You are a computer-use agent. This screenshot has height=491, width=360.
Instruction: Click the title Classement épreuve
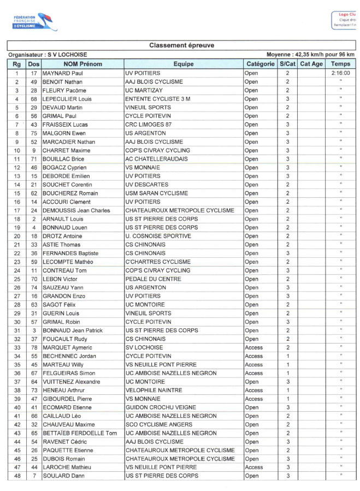(181, 45)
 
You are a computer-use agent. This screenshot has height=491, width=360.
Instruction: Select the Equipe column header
(183, 64)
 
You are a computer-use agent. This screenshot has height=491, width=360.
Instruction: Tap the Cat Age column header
(311, 64)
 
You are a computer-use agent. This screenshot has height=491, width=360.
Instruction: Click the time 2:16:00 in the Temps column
(340, 73)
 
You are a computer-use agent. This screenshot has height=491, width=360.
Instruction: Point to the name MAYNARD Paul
(62, 73)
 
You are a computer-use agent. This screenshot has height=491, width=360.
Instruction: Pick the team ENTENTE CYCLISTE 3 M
(158, 99)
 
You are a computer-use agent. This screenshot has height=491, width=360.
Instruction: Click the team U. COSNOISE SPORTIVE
(158, 236)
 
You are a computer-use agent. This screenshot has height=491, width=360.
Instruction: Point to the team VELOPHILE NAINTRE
(155, 390)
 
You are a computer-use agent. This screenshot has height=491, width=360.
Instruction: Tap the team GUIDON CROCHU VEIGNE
(160, 407)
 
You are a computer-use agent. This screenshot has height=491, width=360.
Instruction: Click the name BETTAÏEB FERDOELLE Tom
(80, 433)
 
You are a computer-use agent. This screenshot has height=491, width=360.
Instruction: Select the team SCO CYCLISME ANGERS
(158, 424)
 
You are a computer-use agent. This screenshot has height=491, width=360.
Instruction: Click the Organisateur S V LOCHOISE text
(48, 55)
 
